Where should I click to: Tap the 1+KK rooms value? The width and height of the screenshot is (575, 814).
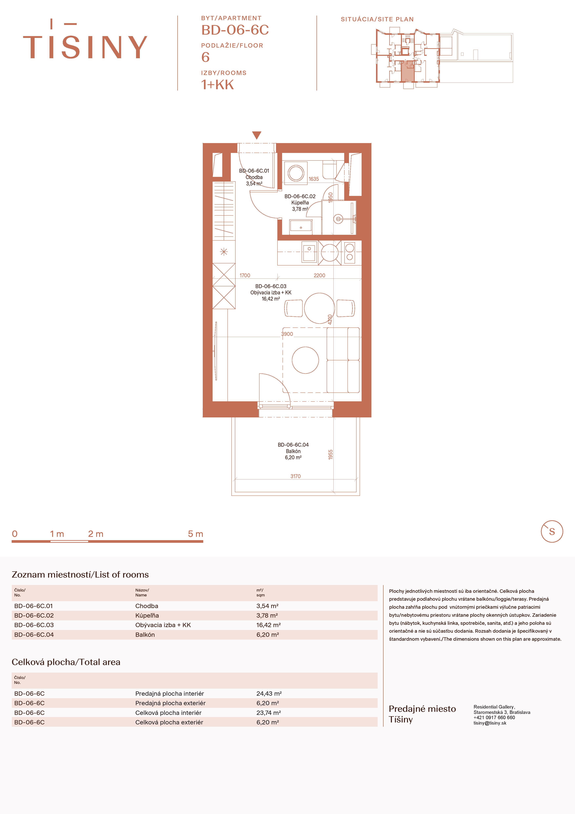tap(217, 85)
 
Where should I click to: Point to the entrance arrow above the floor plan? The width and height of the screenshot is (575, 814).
tap(257, 135)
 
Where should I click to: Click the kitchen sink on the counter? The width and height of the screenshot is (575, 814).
tap(309, 252)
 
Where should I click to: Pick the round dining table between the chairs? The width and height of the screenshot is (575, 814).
tap(319, 308)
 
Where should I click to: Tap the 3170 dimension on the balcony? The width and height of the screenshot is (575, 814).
tap(295, 476)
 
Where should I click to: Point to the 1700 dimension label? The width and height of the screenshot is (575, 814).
tap(245, 275)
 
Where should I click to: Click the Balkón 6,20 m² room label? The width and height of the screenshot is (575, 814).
tap(293, 451)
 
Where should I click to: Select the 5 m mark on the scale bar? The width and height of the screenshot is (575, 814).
tap(195, 534)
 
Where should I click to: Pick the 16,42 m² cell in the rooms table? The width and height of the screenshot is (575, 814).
tap(268, 625)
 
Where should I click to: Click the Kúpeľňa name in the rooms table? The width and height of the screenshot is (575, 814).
tap(147, 615)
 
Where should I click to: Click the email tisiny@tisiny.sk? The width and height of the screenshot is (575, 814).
tap(490, 723)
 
